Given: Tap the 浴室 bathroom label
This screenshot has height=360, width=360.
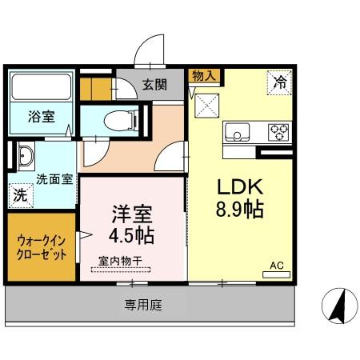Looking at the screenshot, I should pyautogui.click(x=42, y=117).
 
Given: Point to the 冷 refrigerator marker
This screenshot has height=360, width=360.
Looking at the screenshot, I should pyautogui.click(x=279, y=81).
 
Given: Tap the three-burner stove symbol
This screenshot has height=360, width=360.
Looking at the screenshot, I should pyautogui.click(x=278, y=130).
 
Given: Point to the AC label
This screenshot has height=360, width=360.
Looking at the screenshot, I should pyautogui.click(x=276, y=266).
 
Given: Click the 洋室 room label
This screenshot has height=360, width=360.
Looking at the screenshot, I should pyautogui.click(x=132, y=214).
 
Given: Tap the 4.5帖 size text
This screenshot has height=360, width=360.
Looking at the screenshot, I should pyautogui.click(x=132, y=236).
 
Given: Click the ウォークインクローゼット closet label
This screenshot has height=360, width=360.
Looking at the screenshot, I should pyautogui.click(x=42, y=246).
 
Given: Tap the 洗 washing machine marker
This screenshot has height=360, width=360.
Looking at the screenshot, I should pyautogui.click(x=20, y=194).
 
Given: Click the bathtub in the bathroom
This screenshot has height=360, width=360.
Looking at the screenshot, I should pyautogui.click(x=41, y=87).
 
